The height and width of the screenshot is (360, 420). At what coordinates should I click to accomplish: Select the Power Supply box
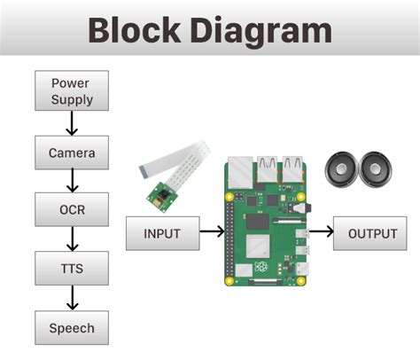pos(71,91)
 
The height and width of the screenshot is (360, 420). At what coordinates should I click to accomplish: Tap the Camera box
pos(71,153)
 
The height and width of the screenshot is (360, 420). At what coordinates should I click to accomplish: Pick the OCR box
pos(71,210)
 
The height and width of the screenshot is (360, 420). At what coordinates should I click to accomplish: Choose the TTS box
pos(71,268)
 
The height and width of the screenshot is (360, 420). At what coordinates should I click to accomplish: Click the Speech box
pos(71,327)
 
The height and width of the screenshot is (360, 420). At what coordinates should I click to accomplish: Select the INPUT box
pos(160,233)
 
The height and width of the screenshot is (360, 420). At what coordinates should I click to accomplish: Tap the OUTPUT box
pos(372,233)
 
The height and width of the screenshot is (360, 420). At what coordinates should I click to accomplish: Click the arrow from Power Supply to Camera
pos(72,122)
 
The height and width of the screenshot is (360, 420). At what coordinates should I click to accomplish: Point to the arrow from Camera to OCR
pos(72,182)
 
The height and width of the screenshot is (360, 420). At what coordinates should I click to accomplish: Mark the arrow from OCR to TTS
pos(72,239)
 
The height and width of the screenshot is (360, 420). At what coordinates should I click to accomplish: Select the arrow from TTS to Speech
pos(72,298)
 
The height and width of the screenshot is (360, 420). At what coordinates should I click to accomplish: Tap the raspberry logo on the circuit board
pos(262,267)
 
